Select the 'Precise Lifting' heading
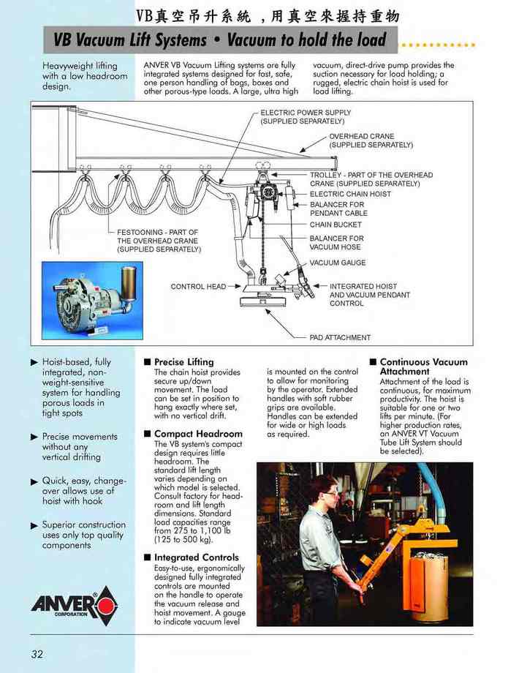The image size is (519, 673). click(183, 362)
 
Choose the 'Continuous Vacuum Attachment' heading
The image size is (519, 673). click(423, 366)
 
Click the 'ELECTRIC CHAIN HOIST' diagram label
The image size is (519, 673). click(350, 194)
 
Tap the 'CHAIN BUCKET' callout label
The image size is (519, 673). click(336, 225)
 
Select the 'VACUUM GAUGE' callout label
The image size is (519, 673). click(338, 263)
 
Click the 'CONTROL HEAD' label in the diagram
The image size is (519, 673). click(198, 287)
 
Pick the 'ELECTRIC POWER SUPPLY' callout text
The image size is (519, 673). click(306, 117)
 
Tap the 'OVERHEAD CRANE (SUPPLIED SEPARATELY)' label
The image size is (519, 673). click(371, 140)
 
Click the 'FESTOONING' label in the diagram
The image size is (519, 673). click(159, 241)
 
